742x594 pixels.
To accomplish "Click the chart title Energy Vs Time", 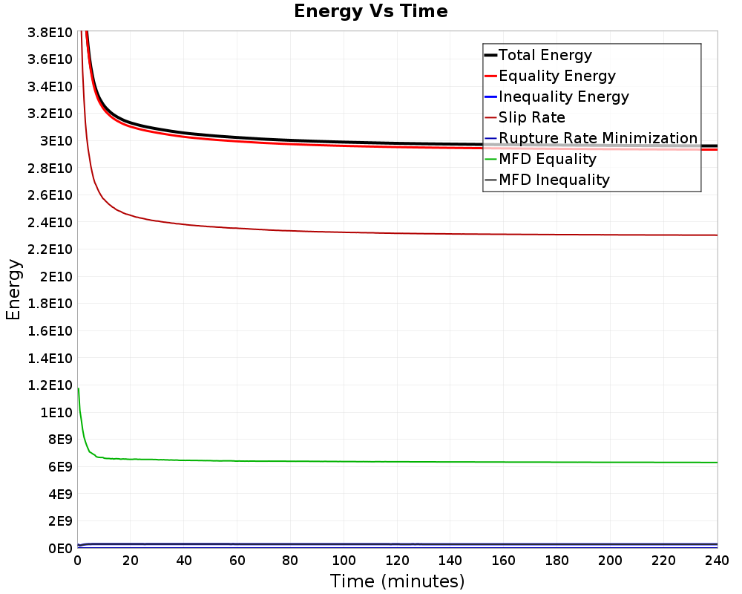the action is coord(370,11).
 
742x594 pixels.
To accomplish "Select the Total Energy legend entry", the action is coord(539,55).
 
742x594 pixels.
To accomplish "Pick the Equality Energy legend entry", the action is coord(551,76).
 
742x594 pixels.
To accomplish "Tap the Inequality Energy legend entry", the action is coord(557,97).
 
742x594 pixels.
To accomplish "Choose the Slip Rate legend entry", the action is coord(525,117).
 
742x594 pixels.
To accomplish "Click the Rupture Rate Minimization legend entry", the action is coord(591,138).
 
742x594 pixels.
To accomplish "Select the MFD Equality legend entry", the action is coord(541,159).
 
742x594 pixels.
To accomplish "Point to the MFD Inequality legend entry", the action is coord(548,180).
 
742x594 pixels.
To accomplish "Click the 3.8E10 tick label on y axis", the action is coord(50,33).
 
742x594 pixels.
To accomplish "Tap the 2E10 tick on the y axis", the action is coord(56,277).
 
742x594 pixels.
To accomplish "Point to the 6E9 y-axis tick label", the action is coord(60,466).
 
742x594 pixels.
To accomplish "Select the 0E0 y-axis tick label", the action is coord(60,549).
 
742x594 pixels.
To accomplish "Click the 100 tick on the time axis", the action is coord(344,561).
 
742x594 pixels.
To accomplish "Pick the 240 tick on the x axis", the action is coord(717,561).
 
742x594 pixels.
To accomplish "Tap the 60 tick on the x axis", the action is coord(237,561).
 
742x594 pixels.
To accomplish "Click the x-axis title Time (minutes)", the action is coord(397,581).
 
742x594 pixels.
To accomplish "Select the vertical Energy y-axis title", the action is coord(13,290).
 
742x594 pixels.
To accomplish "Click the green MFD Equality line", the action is coord(398,462).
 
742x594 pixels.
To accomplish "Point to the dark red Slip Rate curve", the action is coord(398,233).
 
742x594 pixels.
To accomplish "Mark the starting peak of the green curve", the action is coord(78,388).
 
